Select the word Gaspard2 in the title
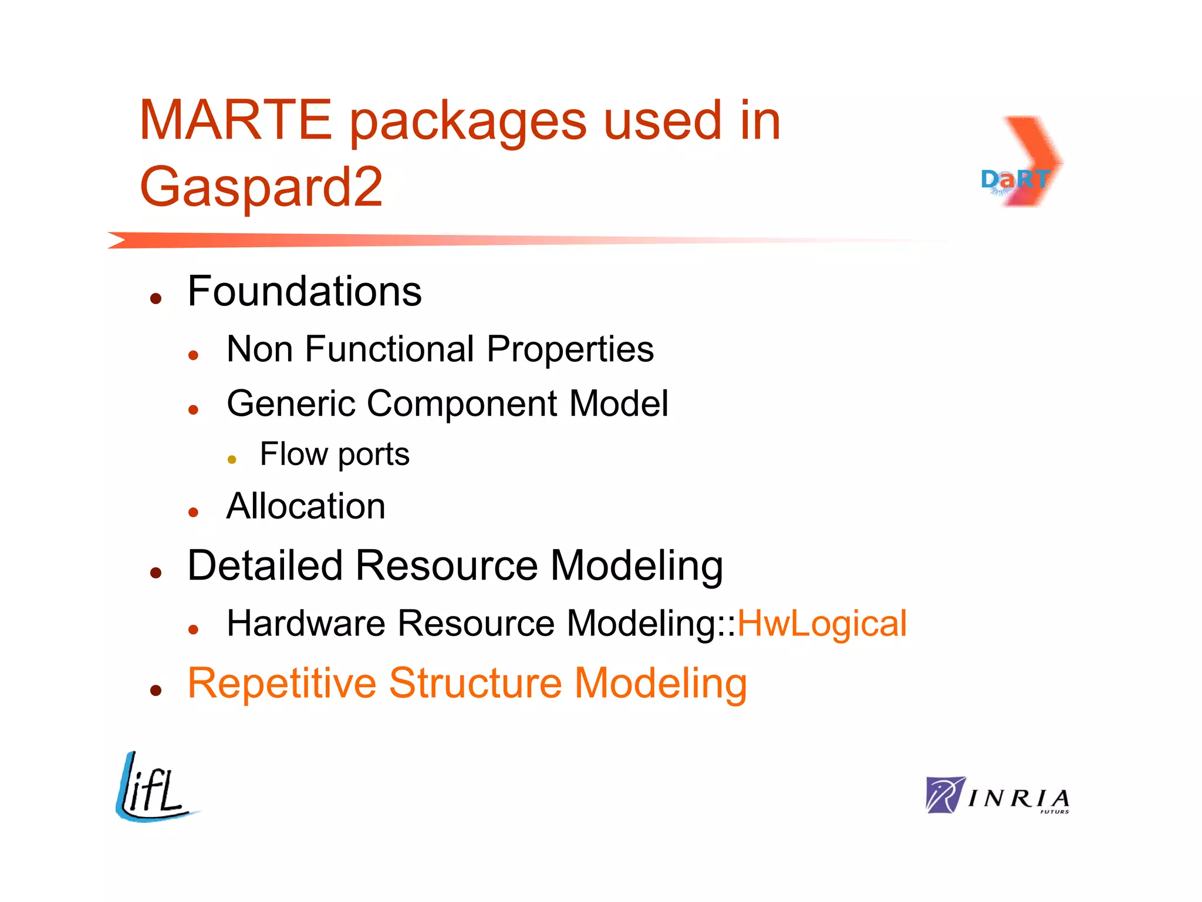[x=261, y=187]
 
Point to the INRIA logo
[x=997, y=796]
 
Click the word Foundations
[x=304, y=291]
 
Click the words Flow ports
[x=335, y=455]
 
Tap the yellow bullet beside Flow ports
[x=232, y=459]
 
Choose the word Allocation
[x=306, y=506]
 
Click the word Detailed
[x=265, y=566]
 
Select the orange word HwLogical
[x=822, y=624]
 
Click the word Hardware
[x=306, y=624]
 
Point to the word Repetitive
[x=282, y=684]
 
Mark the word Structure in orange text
[x=475, y=684]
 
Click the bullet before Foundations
[x=156, y=299]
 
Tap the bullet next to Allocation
[x=194, y=513]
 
